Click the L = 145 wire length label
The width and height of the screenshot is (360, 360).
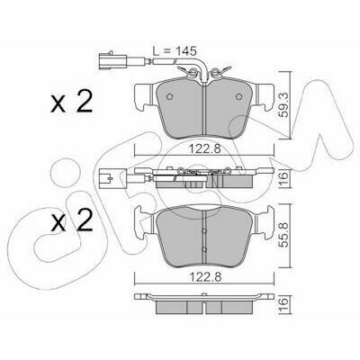175,50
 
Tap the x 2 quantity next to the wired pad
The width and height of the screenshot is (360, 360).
71,102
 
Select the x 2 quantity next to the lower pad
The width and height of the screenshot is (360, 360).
71,220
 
